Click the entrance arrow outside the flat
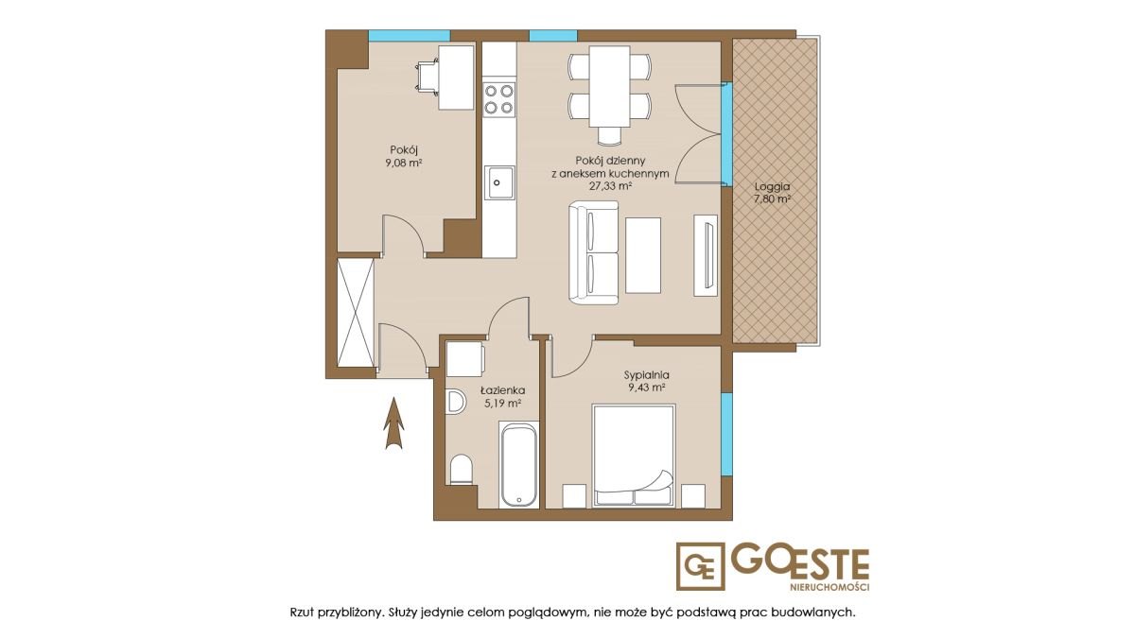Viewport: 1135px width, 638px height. click(x=394, y=423)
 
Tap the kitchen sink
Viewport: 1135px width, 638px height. click(x=499, y=182)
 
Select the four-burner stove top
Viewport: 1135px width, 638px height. click(x=499, y=99)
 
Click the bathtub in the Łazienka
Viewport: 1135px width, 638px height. click(x=519, y=465)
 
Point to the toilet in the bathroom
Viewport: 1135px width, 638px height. click(x=462, y=470)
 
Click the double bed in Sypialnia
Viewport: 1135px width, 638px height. click(x=634, y=456)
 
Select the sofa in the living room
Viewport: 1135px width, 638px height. click(x=593, y=252)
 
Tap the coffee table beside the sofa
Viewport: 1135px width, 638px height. click(x=643, y=255)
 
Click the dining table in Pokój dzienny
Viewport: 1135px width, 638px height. click(x=609, y=86)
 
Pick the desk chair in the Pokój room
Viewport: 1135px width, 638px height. click(x=428, y=77)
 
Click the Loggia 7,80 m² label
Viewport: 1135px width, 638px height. click(x=772, y=193)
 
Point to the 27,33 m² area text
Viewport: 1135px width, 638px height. click(x=610, y=186)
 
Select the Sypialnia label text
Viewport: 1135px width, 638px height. click(x=647, y=375)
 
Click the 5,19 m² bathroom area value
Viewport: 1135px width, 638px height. click(x=502, y=404)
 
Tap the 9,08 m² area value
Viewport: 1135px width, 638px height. click(x=404, y=163)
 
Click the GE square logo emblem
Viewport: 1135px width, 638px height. click(x=700, y=566)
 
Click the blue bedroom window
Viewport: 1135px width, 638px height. click(x=726, y=435)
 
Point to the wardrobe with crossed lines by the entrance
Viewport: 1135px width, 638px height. click(x=356, y=313)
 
